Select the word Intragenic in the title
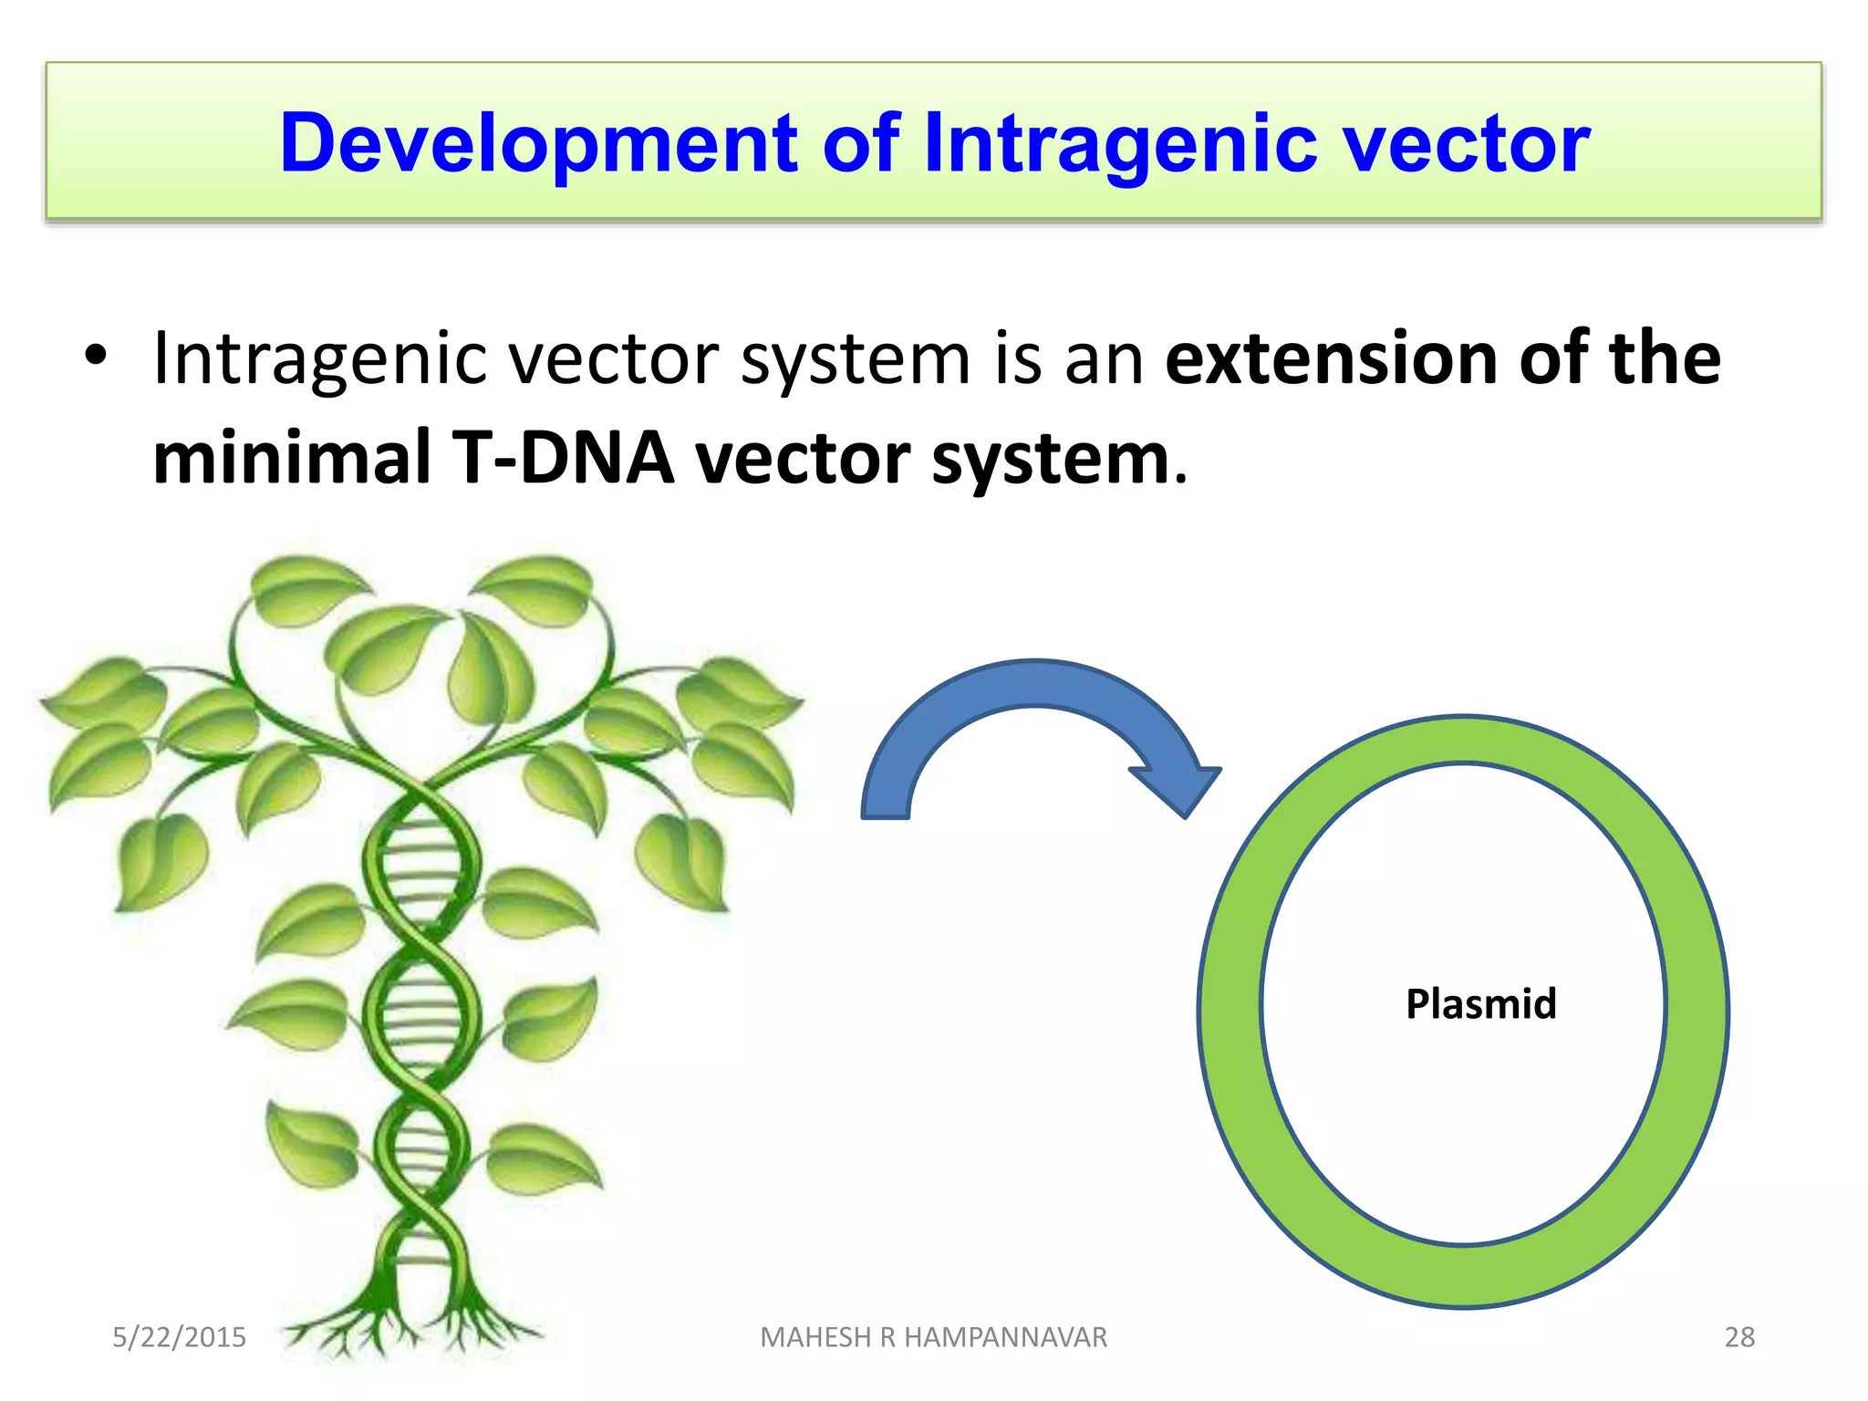pos(1119,144)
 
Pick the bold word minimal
pos(291,457)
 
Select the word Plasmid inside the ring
pos(1480,1004)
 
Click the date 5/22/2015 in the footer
pos(179,1337)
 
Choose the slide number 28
pos(1738,1337)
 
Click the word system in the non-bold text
pos(855,358)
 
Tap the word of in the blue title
pos(861,144)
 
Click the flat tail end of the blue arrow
pos(886,815)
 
